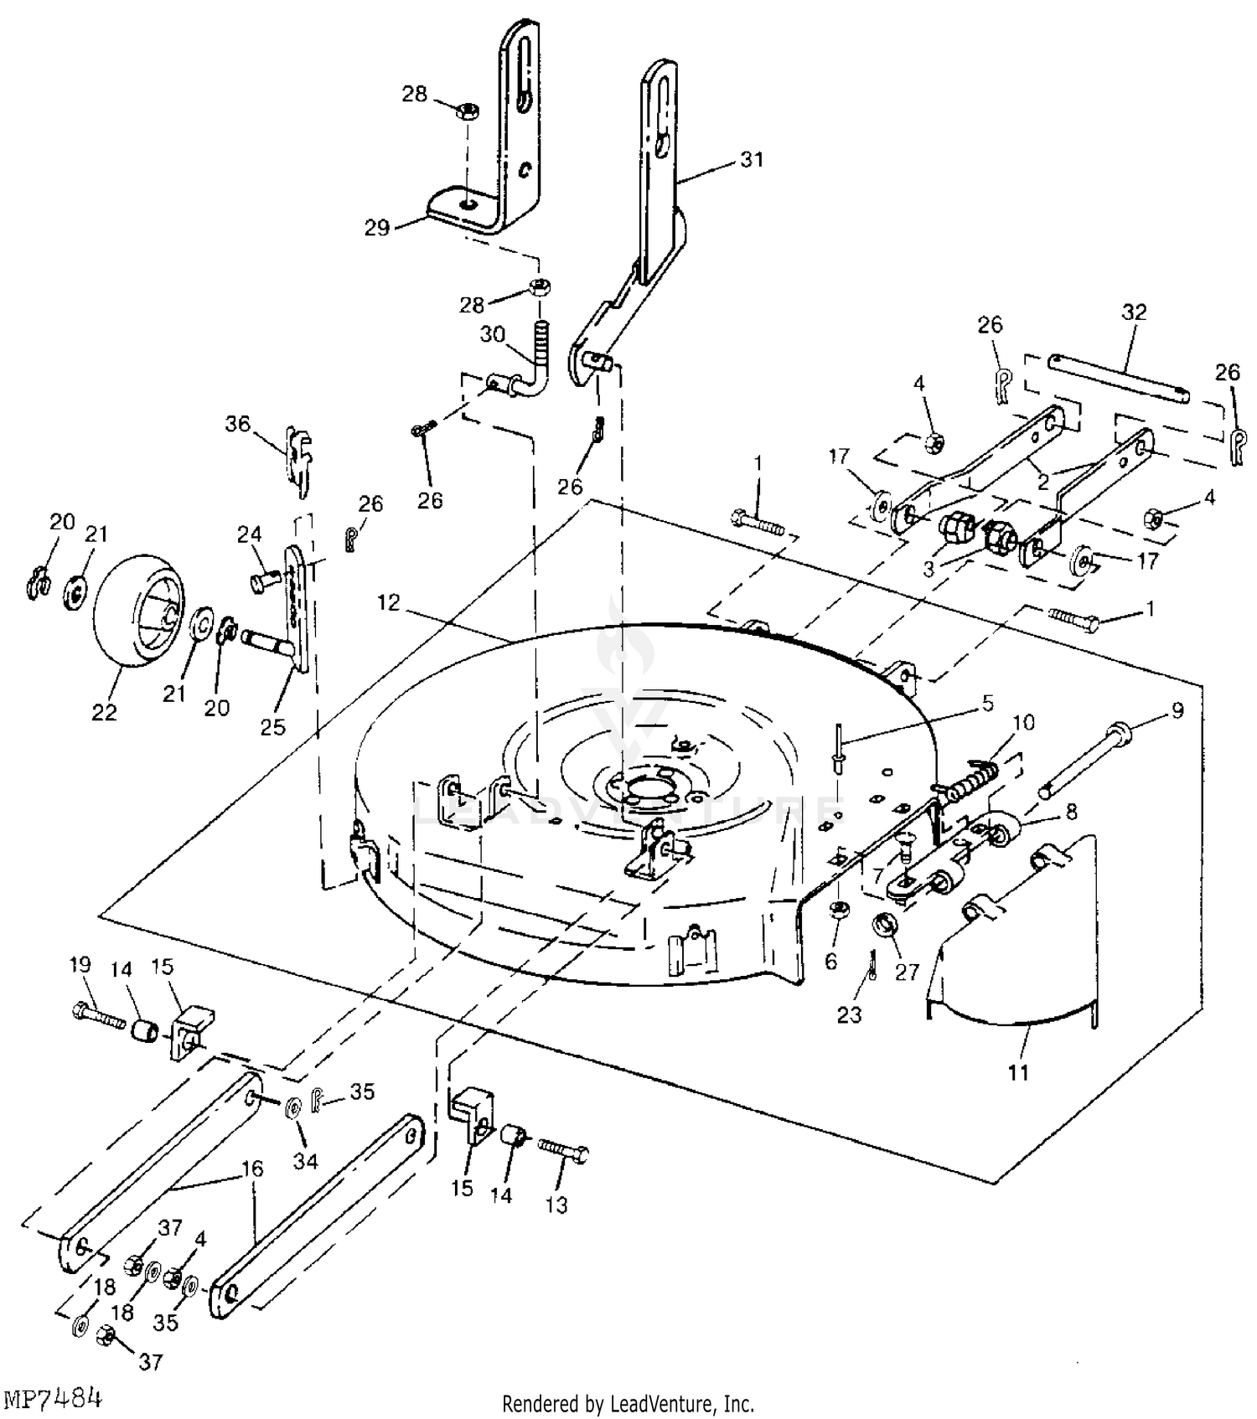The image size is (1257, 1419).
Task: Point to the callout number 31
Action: coord(753,159)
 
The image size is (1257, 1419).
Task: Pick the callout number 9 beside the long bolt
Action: coord(1177,711)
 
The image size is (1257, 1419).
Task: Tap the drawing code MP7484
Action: coord(54,1398)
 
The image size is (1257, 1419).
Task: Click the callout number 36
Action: coord(238,424)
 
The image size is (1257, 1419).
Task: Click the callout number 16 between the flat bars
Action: coord(251,1168)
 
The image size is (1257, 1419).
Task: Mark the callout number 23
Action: coord(849,1015)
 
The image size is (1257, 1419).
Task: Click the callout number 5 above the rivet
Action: coord(987,704)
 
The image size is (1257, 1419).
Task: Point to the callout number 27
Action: coord(908,971)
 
